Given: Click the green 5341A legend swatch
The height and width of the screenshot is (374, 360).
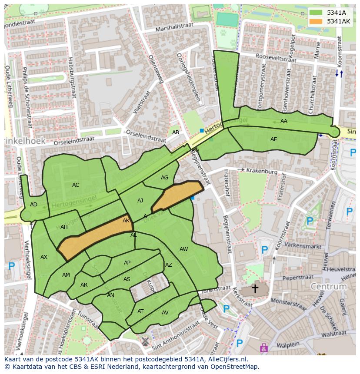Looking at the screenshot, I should (x=316, y=13).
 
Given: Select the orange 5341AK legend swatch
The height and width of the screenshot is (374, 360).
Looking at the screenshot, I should (x=316, y=21).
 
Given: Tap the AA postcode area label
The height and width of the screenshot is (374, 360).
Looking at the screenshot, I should (x=284, y=121).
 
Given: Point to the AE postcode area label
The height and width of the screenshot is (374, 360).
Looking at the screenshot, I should (x=273, y=139).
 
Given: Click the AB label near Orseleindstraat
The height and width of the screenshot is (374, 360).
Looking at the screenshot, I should (x=176, y=132).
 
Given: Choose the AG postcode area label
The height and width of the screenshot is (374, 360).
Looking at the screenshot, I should (x=164, y=178).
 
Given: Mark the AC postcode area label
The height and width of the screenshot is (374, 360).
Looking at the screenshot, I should (x=76, y=185).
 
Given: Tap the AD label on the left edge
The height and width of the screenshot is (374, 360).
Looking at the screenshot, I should (x=33, y=205).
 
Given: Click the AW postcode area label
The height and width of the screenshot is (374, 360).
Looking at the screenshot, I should (x=183, y=249).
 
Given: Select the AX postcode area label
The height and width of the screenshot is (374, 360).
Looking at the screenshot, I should (x=43, y=257).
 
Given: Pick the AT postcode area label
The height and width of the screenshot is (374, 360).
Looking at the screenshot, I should (x=140, y=311).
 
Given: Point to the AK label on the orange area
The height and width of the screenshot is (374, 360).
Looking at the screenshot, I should (x=126, y=221).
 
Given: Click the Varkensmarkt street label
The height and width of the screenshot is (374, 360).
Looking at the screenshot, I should (x=302, y=245).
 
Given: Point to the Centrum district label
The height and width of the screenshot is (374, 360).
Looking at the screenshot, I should (x=328, y=287).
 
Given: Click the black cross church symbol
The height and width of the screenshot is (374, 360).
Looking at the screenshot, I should (x=255, y=288).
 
